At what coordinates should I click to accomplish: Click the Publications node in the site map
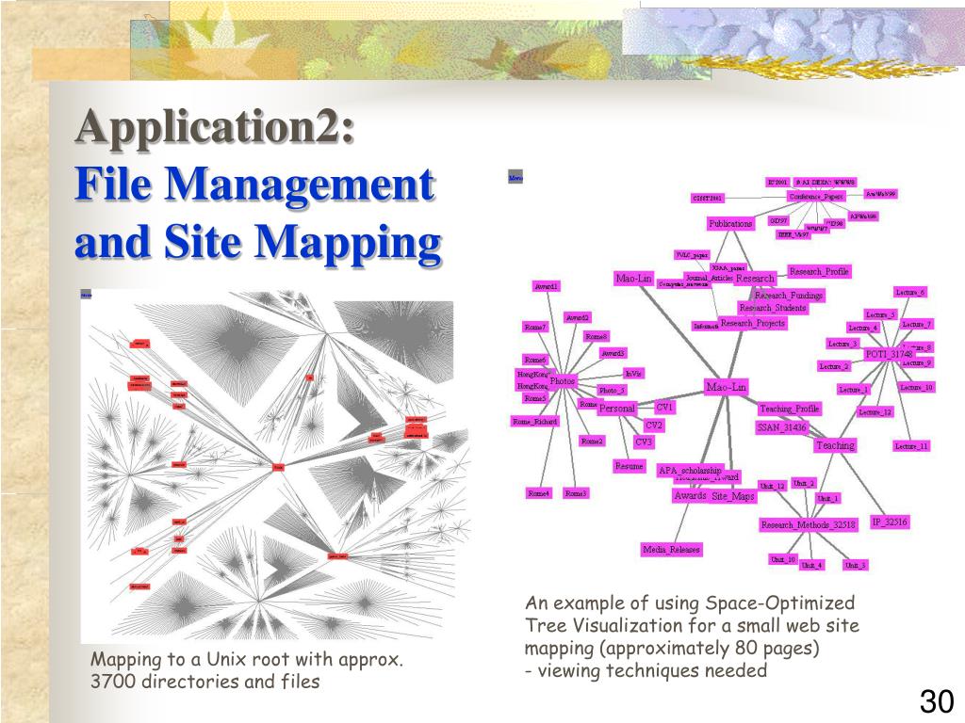730,224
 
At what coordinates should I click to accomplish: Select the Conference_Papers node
816,197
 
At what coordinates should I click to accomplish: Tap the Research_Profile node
819,271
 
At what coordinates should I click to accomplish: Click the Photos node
563,381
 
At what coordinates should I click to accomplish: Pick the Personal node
617,409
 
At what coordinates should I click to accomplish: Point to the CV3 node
644,442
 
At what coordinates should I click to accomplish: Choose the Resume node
629,466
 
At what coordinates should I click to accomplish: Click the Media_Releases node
672,549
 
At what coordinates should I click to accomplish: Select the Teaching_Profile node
790,409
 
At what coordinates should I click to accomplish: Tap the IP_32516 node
889,521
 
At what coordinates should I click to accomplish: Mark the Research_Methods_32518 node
809,524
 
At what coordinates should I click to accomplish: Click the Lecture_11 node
911,446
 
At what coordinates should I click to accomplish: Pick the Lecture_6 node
910,293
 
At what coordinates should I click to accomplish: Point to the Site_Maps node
732,496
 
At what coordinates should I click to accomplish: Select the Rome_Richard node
534,422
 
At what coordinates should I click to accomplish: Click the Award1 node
547,286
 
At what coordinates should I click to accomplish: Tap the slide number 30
937,701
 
